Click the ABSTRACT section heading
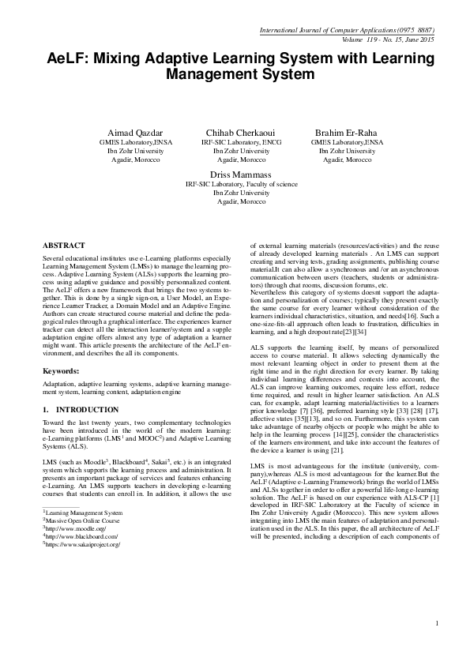(x=64, y=246)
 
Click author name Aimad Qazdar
(x=130, y=132)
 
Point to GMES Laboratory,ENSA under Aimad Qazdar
(x=130, y=142)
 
